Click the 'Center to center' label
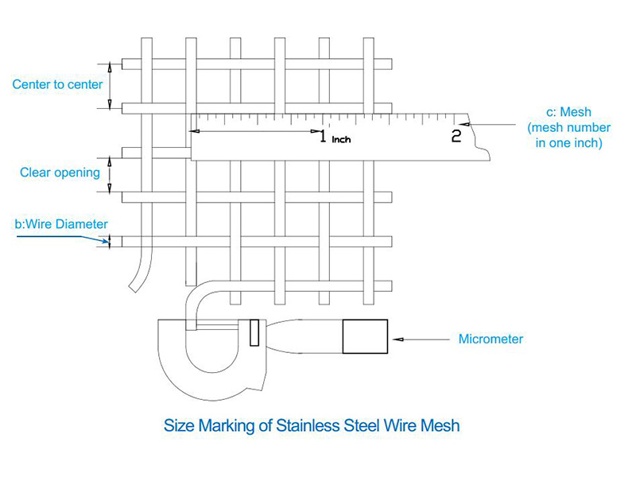click(x=57, y=84)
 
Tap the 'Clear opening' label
click(x=60, y=173)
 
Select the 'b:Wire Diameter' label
click(x=61, y=224)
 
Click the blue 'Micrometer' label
click(x=491, y=339)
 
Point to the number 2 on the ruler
click(x=456, y=136)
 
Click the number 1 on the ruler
click(x=323, y=136)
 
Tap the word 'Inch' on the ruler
click(x=341, y=140)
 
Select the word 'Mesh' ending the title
click(x=440, y=426)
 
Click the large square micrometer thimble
click(x=365, y=336)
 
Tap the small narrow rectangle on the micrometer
click(x=254, y=332)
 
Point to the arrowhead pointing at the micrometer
click(x=398, y=339)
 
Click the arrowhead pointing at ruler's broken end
click(x=465, y=124)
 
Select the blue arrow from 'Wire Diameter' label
click(x=63, y=239)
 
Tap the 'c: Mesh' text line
click(x=568, y=112)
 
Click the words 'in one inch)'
click(x=568, y=143)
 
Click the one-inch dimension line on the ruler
click(x=255, y=131)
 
